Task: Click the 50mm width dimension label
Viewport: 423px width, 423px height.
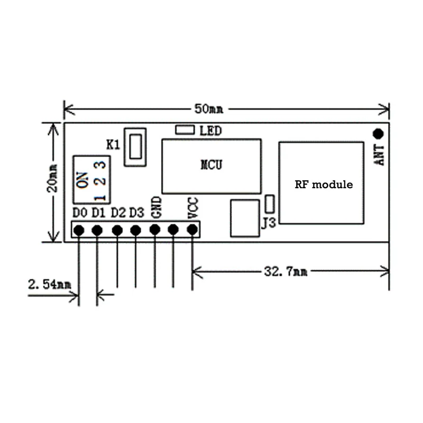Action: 209,109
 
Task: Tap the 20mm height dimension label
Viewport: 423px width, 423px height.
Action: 52,178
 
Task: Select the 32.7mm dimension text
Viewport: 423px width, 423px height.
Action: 286,271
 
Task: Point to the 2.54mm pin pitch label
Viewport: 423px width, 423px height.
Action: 50,284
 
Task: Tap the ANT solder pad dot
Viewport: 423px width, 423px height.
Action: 378,134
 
